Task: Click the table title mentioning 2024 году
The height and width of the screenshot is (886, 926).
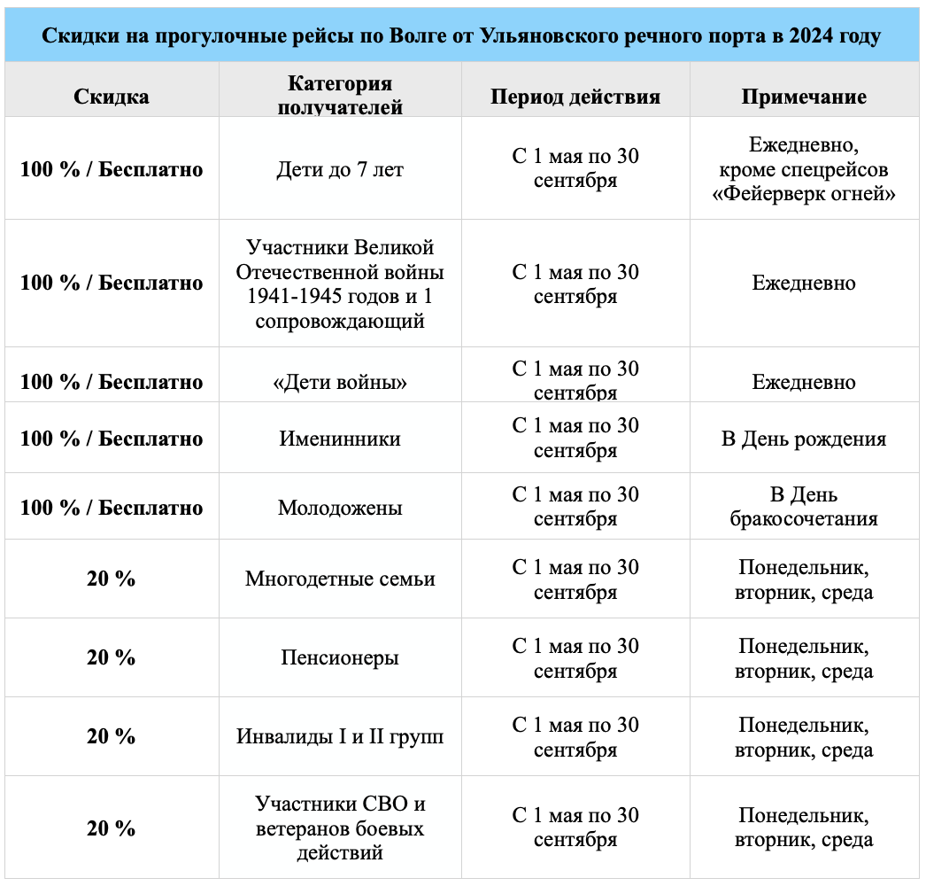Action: pos(462,36)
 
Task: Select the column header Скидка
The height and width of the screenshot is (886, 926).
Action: pos(111,97)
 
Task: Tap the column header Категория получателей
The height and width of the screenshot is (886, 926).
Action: pos(340,96)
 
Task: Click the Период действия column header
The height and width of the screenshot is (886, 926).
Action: pos(575,97)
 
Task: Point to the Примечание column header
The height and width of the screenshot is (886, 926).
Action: pos(804,97)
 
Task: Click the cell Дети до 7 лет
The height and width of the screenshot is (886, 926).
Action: pos(340,169)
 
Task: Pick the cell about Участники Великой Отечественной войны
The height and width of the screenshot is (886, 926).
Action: pos(340,284)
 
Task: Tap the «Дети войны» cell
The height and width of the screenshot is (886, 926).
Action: pos(340,383)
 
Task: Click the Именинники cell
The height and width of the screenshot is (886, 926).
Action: pos(340,439)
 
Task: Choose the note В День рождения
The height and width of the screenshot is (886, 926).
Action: pos(804,439)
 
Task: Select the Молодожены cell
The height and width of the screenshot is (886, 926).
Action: pos(340,508)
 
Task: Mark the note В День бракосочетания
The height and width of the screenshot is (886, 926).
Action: pos(804,507)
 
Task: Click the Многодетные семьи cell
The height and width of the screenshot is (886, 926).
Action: pos(340,579)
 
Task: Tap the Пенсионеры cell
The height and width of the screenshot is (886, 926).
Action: pos(340,658)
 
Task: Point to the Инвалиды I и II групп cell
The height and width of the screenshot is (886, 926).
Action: pos(340,737)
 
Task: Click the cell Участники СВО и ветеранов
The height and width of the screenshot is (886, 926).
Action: pos(340,828)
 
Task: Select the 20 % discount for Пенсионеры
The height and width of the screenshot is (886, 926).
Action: pos(111,658)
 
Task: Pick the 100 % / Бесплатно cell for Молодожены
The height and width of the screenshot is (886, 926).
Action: pos(111,508)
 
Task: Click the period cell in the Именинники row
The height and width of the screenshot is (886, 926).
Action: pos(575,439)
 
